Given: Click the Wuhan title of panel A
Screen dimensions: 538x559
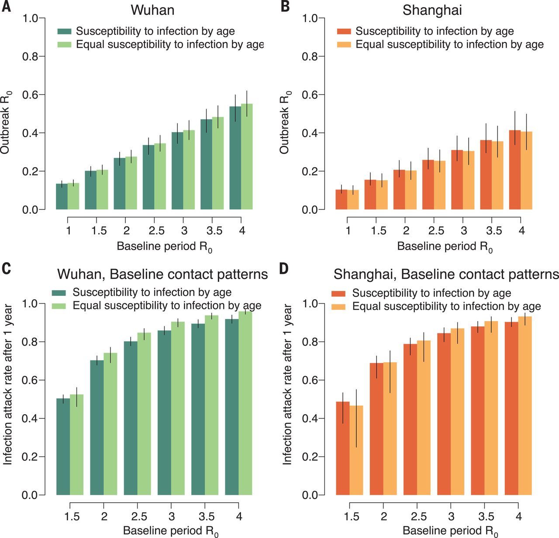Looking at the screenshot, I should [153, 10].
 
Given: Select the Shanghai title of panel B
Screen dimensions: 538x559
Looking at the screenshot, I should [432, 10].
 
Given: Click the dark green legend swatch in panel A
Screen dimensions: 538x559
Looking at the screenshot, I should [65, 31].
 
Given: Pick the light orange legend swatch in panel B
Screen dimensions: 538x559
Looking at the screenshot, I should [344, 45].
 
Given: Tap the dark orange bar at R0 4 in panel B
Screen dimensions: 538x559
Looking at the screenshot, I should [514, 170].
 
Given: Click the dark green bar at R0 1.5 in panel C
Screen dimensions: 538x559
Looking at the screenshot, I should [63, 447].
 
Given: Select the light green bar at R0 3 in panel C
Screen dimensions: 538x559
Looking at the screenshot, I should [178, 408].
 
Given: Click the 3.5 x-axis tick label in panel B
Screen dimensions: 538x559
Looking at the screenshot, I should [493, 231].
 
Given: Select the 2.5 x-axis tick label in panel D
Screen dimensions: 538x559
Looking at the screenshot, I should [418, 517].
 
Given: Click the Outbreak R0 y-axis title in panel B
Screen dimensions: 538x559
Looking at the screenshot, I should [284, 122].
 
